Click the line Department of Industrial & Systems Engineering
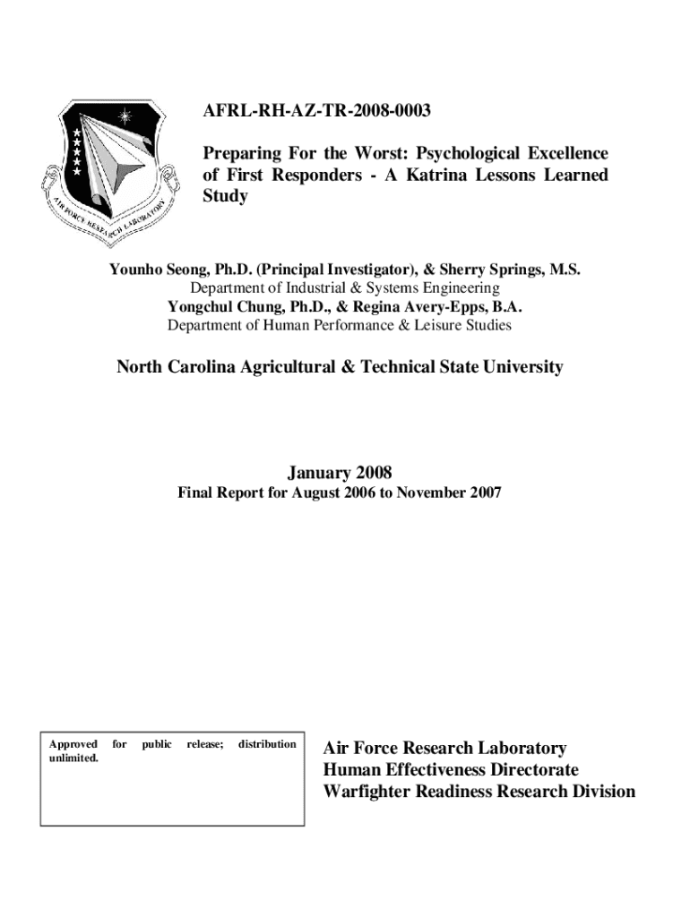[344, 288]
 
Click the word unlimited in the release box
[73, 758]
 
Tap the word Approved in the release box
[73, 744]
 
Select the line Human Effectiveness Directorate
[451, 770]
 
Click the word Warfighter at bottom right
[369, 792]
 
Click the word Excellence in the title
[564, 153]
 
